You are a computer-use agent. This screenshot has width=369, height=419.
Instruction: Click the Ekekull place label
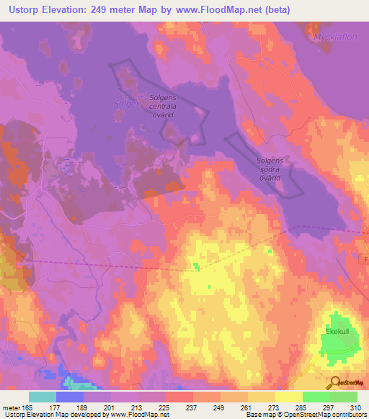pyautogui.click(x=336, y=332)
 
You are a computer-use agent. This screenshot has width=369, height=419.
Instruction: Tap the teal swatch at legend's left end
pyautogui.click(x=43, y=397)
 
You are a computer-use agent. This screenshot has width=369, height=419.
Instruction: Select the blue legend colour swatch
pyautogui.click(x=70, y=397)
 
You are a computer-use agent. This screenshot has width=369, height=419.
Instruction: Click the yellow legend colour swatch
pyautogui.click(x=288, y=397)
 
